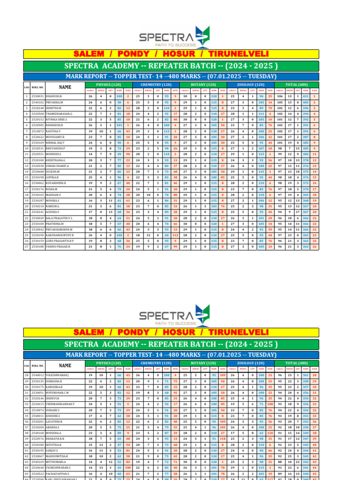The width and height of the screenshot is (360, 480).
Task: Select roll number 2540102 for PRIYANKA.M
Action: coord(38,102)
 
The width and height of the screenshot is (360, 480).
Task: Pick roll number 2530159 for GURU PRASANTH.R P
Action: coord(38,241)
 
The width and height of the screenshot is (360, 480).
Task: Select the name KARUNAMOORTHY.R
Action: coord(60,235)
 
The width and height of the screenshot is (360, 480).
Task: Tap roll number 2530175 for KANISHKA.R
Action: coord(38,387)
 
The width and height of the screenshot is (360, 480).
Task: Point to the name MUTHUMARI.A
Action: coord(57,462)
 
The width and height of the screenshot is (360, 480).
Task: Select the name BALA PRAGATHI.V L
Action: coord(60,217)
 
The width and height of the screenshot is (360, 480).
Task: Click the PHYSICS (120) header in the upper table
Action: coord(108,84)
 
